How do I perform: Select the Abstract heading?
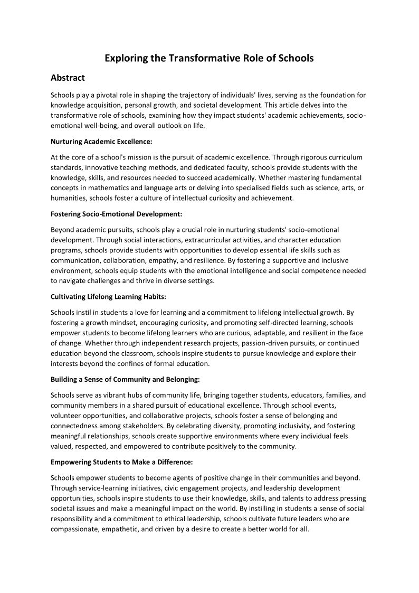[x=68, y=78]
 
